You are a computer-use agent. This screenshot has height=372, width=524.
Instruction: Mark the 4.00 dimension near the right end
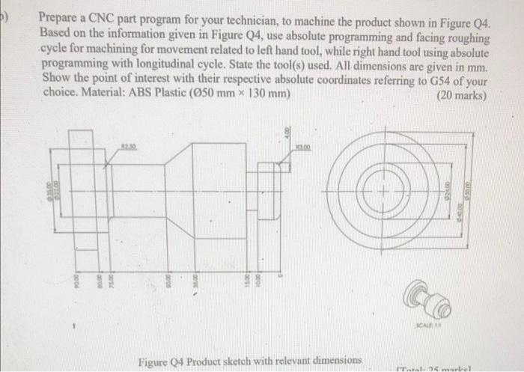click(x=285, y=135)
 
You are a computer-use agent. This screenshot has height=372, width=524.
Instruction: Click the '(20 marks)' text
click(x=463, y=96)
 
